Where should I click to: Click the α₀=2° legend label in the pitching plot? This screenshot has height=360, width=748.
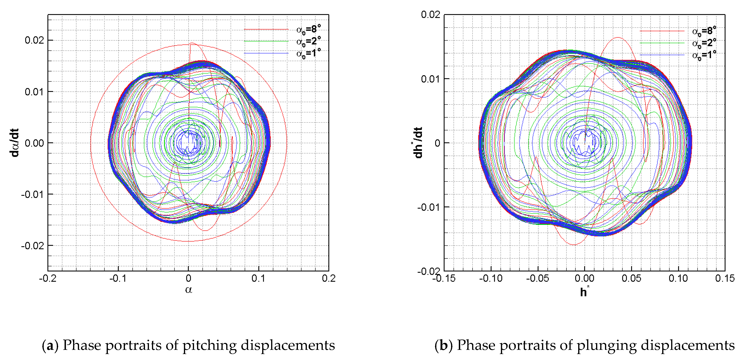click(x=308, y=41)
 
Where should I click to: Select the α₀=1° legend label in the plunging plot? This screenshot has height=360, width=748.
click(x=704, y=55)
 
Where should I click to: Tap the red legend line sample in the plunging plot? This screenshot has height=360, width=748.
click(x=662, y=31)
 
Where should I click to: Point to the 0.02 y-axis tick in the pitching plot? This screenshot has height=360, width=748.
click(x=34, y=40)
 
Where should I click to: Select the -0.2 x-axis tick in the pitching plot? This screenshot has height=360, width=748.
click(x=48, y=278)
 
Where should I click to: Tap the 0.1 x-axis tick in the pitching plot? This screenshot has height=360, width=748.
click(x=258, y=278)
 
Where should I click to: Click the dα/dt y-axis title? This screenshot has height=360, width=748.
click(x=14, y=143)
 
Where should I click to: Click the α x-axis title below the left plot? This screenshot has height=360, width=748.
click(x=188, y=289)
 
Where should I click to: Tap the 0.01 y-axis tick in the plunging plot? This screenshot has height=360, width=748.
click(x=431, y=79)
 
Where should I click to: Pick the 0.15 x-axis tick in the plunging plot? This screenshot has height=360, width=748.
click(x=725, y=278)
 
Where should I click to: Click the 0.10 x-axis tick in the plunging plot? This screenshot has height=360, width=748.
click(x=678, y=278)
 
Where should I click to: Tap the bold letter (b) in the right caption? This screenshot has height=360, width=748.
click(x=443, y=345)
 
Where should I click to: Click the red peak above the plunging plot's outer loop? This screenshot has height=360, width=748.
click(x=618, y=38)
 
